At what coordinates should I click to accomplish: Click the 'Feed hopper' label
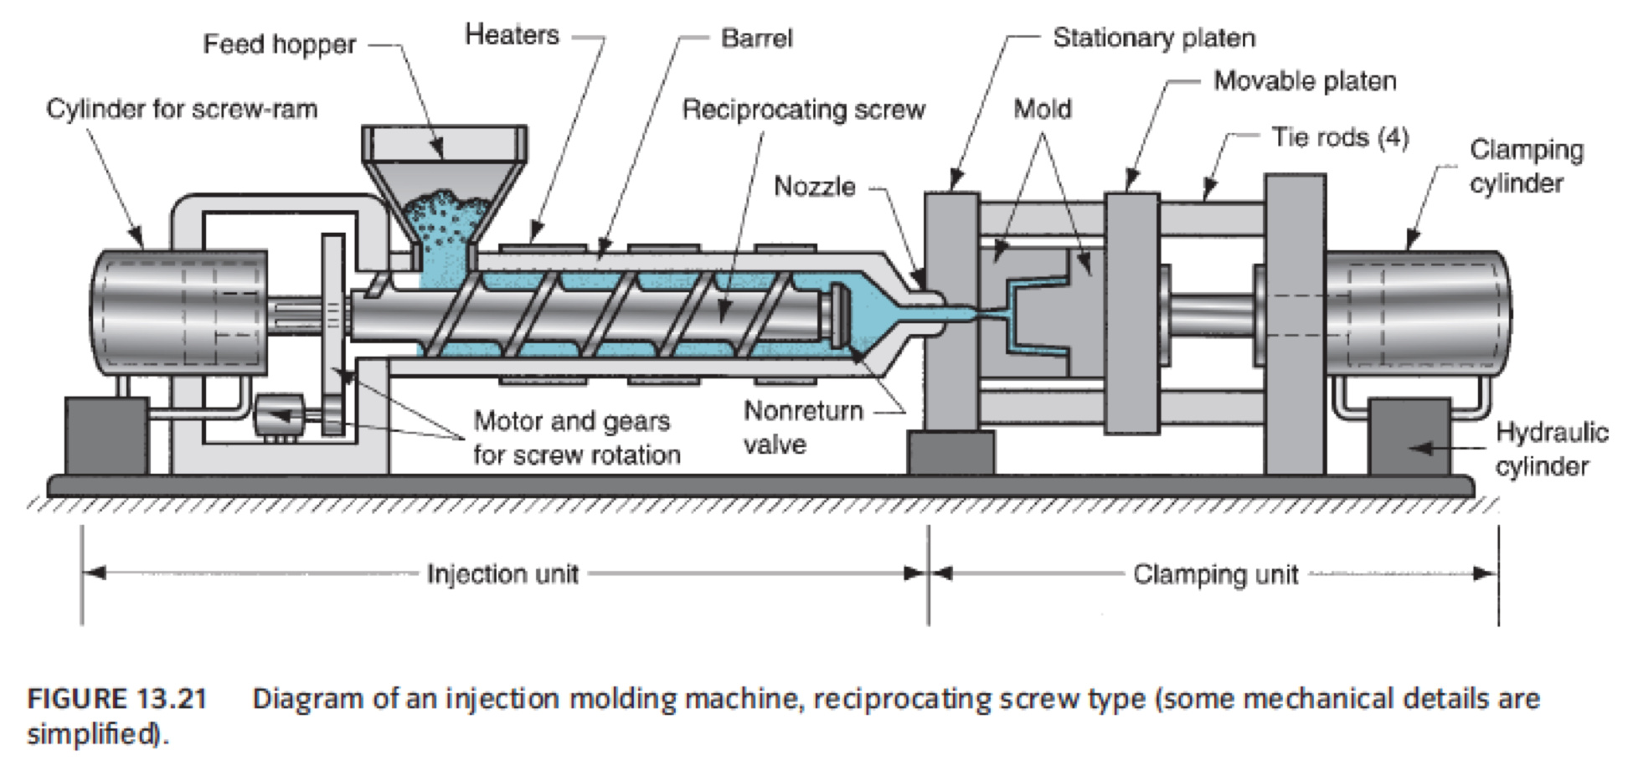click(279, 44)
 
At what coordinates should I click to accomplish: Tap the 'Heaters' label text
click(512, 35)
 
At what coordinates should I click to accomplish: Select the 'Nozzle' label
click(814, 186)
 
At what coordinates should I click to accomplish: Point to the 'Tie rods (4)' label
click(1340, 136)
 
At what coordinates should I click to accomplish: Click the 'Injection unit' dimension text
click(502, 574)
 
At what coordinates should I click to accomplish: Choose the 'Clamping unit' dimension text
click(1215, 574)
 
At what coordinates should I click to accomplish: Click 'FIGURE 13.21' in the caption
click(117, 699)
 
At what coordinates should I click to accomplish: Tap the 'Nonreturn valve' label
click(802, 427)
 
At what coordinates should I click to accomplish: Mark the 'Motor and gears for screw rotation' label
click(576, 437)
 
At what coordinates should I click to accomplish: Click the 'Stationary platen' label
click(1153, 38)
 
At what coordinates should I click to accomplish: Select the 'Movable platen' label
click(1304, 81)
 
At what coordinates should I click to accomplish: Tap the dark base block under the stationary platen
click(950, 453)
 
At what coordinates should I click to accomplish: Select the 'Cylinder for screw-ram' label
click(182, 109)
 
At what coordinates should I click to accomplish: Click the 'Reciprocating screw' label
click(803, 110)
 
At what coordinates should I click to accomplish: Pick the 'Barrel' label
click(755, 38)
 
